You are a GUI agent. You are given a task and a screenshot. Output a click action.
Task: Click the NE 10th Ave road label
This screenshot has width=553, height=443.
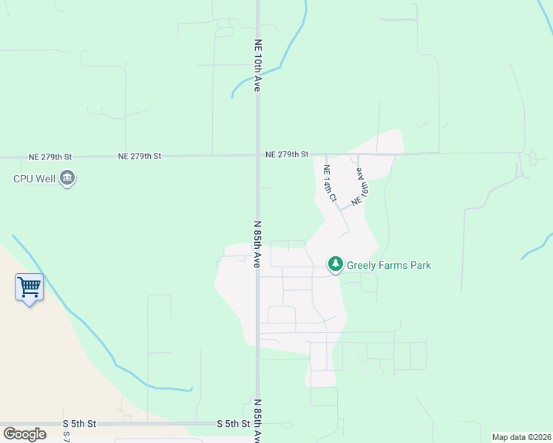258,65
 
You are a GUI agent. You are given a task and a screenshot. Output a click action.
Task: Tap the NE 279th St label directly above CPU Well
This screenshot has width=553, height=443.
50,157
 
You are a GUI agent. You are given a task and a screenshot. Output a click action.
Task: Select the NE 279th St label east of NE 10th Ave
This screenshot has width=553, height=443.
287,154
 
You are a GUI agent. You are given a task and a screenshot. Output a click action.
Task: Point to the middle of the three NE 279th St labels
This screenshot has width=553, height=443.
139,157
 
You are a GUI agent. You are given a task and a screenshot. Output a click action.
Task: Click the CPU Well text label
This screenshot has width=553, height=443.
34,178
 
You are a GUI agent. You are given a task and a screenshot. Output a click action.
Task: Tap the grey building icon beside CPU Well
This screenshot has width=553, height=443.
67,178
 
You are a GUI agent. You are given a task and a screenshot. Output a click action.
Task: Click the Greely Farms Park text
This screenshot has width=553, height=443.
388,265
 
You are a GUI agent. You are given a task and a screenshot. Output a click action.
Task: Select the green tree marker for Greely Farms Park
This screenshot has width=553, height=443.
336,264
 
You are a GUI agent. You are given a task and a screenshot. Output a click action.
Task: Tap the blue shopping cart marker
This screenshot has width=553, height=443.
29,286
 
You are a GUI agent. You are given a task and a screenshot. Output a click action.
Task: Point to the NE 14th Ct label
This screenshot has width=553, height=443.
330,184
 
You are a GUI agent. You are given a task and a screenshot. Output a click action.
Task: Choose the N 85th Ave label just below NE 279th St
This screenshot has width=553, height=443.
258,244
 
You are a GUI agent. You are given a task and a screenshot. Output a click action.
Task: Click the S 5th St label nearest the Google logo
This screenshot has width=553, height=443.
79,424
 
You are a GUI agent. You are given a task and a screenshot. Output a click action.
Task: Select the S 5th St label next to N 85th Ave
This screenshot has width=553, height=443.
233,424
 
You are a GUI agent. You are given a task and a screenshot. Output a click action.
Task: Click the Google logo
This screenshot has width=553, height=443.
24,434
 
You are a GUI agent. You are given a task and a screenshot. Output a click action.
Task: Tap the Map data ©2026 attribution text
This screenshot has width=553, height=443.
521,437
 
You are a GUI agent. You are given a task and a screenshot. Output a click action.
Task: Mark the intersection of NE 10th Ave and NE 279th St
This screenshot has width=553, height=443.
258,155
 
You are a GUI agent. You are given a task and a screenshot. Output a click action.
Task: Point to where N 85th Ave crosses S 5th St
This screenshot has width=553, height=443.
258,424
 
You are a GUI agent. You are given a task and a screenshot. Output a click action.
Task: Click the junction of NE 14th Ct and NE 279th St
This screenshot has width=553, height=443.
325,154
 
